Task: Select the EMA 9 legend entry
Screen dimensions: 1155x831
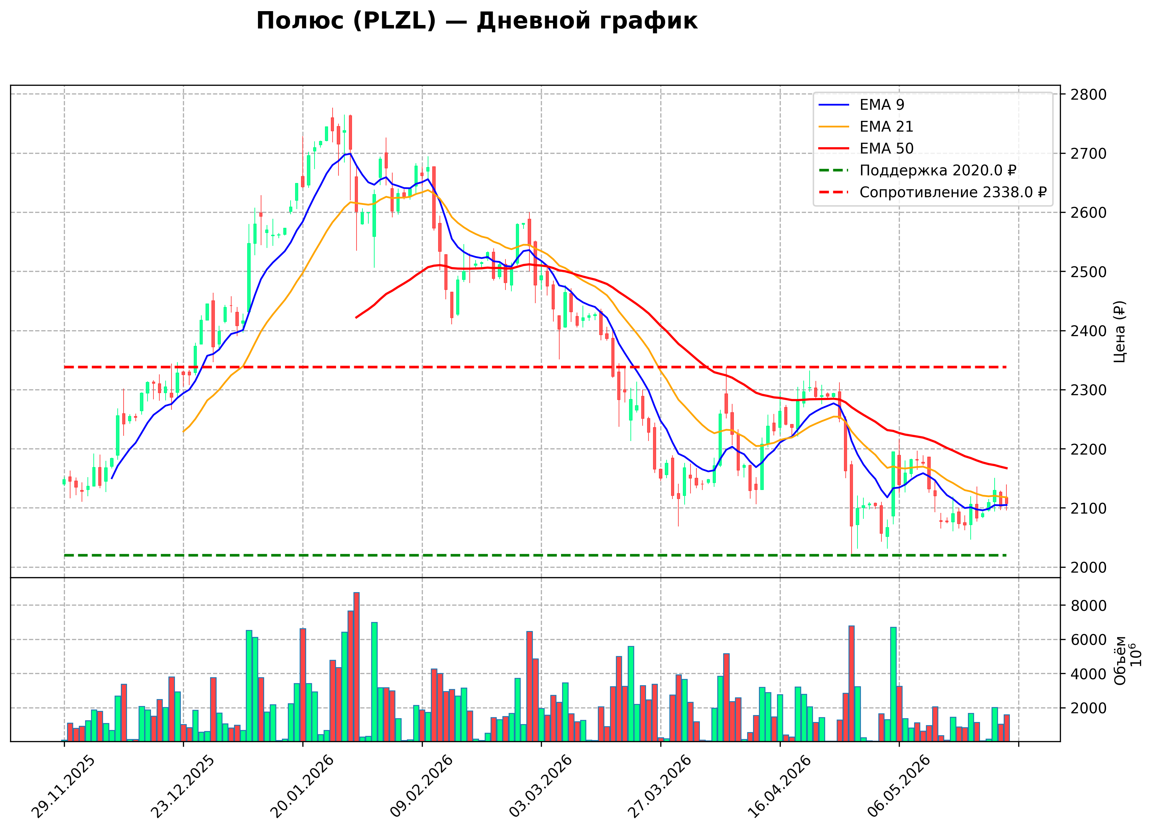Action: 861,105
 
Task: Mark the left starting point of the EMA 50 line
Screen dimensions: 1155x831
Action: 356,318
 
